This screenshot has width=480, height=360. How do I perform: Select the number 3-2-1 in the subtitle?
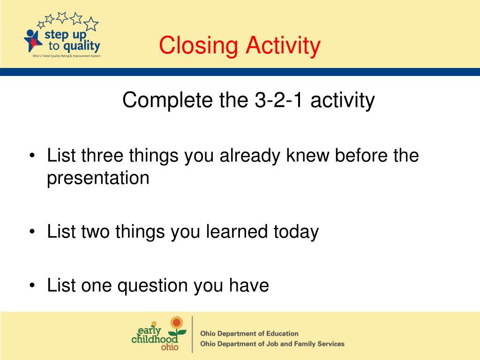click(279, 100)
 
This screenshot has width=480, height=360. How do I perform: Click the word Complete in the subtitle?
click(167, 100)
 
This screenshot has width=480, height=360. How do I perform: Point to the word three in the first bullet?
click(102, 155)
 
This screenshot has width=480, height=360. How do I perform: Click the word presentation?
click(98, 179)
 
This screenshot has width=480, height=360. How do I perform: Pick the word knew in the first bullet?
click(307, 155)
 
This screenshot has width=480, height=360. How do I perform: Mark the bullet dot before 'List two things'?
click(32, 232)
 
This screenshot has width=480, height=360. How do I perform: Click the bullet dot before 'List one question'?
click(32, 285)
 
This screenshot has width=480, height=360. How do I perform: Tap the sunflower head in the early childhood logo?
click(177, 322)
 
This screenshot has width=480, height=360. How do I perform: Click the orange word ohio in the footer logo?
click(170, 347)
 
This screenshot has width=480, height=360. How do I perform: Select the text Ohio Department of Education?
click(249, 333)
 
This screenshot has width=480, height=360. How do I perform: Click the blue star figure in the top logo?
click(32, 40)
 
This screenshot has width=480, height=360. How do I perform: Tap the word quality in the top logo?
click(82, 46)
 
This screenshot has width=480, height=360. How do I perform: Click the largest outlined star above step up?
click(91, 24)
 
